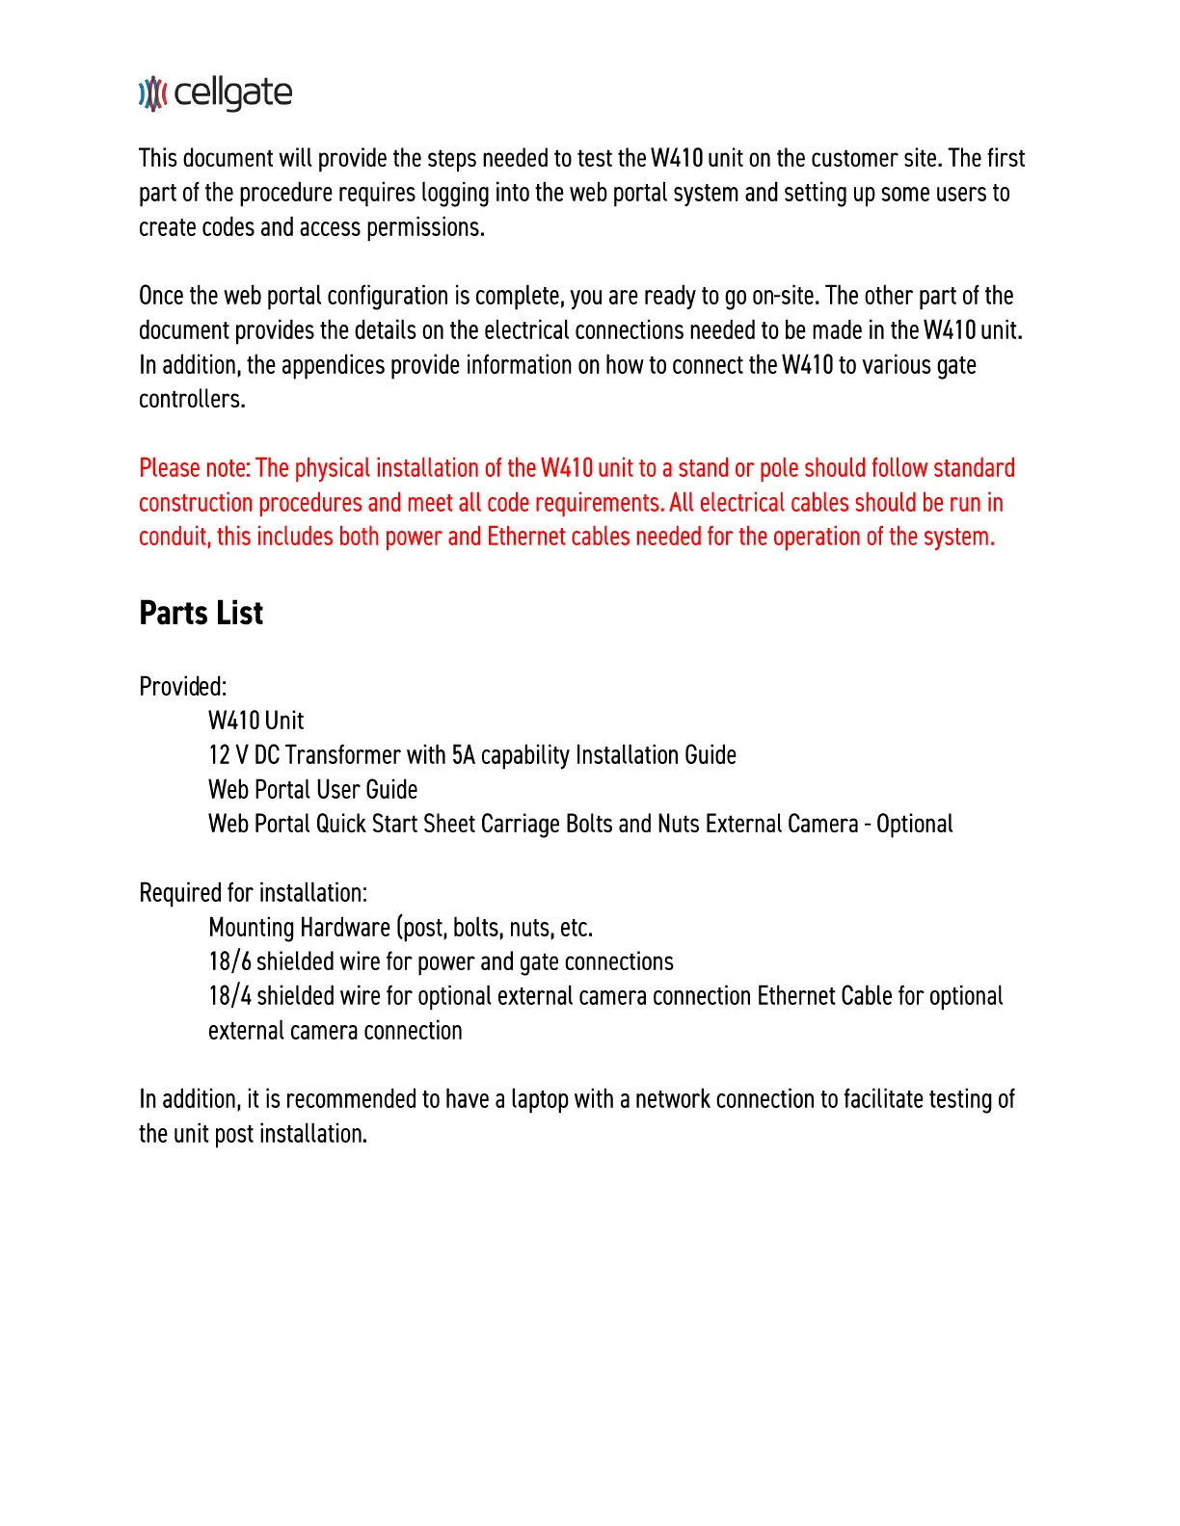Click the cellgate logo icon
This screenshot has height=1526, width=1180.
pyautogui.click(x=152, y=93)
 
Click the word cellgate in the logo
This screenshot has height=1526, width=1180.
pyautogui.click(x=233, y=93)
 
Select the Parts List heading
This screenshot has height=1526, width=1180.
pyautogui.click(x=201, y=614)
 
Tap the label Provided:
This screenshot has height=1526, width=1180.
pyautogui.click(x=183, y=687)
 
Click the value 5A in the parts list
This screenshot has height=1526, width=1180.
pyautogui.click(x=463, y=755)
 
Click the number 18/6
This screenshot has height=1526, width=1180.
pyautogui.click(x=229, y=962)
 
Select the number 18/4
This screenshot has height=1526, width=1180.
pyautogui.click(x=229, y=996)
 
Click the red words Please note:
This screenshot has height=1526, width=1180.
pyautogui.click(x=195, y=469)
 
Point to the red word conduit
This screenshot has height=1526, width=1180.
pyautogui.click(x=174, y=538)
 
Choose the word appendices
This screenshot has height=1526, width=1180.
pyautogui.click(x=331, y=366)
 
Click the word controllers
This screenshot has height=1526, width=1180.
pyautogui.click(x=192, y=400)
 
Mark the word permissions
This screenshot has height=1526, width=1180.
pyautogui.click(x=425, y=228)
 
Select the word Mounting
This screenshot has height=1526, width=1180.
pyautogui.click(x=252, y=928)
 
